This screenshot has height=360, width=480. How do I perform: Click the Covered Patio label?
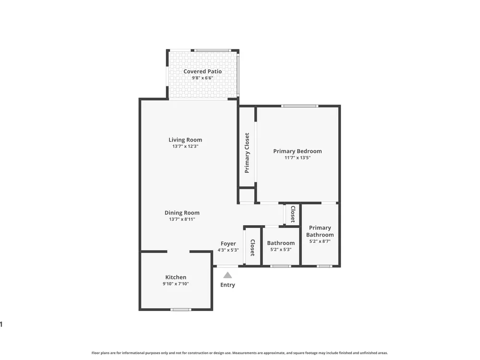[x=203, y=72]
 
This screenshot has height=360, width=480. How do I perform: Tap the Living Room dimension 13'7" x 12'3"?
[x=185, y=146]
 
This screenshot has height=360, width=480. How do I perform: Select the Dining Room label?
[x=182, y=213]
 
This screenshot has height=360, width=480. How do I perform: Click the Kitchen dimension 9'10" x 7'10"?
[x=176, y=284]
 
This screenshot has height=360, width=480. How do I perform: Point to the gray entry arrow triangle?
[x=228, y=275]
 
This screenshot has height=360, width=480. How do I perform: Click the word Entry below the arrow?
[x=228, y=285]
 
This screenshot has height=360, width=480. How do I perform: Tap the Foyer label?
[x=228, y=244]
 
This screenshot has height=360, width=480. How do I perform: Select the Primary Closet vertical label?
[x=247, y=153]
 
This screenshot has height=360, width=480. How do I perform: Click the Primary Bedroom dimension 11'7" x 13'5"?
[x=298, y=157]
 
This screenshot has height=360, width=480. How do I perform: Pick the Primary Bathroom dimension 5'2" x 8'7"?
[x=320, y=241]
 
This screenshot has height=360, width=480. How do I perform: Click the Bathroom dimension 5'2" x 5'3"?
[x=281, y=250]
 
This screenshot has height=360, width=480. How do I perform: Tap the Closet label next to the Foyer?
[x=252, y=247]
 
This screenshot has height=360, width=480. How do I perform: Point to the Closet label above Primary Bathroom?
[x=293, y=214]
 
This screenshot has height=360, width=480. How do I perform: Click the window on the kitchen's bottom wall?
[x=181, y=310]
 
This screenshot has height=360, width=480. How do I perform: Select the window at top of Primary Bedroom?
[x=300, y=106]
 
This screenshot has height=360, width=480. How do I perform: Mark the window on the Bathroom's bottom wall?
[x=281, y=266]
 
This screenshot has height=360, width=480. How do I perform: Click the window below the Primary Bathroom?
[x=324, y=266]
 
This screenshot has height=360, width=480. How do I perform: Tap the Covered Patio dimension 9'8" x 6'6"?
[x=203, y=78]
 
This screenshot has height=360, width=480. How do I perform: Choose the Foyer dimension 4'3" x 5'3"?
[x=228, y=250]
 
